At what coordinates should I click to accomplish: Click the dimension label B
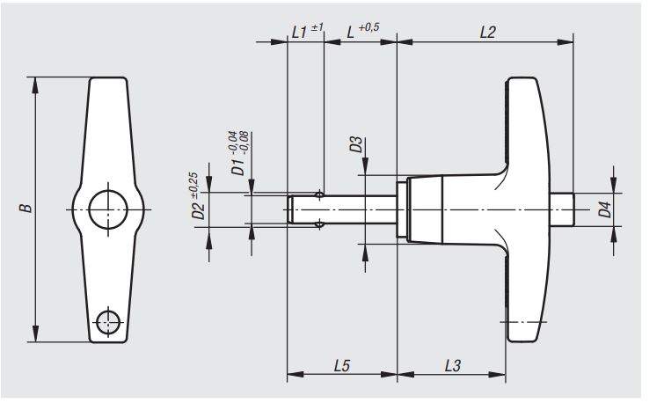pyautogui.click(x=26, y=209)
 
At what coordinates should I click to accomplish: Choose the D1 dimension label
pyautogui.click(x=237, y=165)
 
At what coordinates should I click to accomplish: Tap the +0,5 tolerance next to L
pyautogui.click(x=368, y=27)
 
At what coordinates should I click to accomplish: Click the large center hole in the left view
pyautogui.click(x=107, y=209)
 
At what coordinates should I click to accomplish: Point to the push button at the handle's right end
pyautogui.click(x=562, y=209)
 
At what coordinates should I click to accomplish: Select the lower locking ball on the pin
pyautogui.click(x=321, y=224)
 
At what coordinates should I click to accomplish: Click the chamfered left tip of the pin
pyautogui.click(x=292, y=209)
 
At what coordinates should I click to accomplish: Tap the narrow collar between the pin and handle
pyautogui.click(x=401, y=209)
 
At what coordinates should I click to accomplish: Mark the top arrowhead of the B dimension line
pyautogui.click(x=35, y=82)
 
